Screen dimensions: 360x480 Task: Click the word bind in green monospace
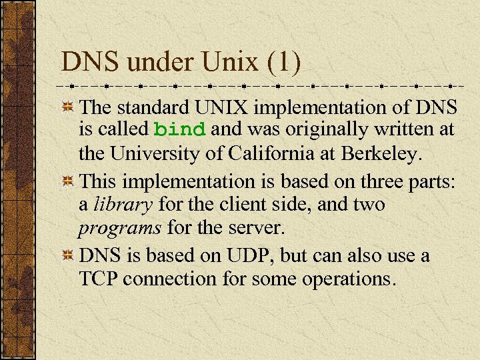(179, 129)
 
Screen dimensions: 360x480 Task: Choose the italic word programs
(120, 229)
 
